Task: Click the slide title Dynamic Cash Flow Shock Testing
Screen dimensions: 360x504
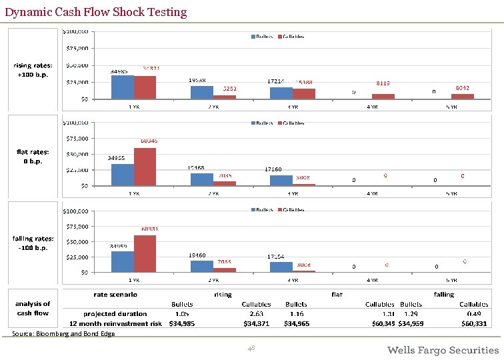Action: point(95,12)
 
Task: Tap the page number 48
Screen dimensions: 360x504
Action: point(251,349)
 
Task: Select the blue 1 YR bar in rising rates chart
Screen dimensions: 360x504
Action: point(122,87)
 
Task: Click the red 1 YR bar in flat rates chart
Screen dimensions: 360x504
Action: point(145,167)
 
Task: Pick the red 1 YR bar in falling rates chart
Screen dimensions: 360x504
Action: point(145,253)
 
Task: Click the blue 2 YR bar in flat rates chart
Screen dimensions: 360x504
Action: point(202,179)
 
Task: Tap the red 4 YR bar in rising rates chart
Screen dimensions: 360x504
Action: point(383,96)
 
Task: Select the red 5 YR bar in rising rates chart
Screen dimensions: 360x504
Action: point(463,96)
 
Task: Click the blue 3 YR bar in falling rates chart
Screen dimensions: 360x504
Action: point(281,267)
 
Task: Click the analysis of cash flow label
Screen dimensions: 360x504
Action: point(33,308)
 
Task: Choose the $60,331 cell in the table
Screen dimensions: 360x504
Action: point(474,323)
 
